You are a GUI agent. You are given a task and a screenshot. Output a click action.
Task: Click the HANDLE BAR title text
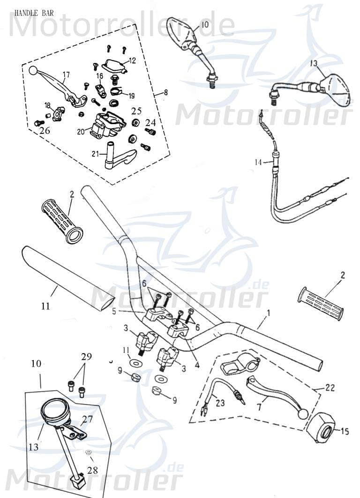point(33,13)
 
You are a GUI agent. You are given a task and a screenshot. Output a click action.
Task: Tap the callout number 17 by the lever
point(66,74)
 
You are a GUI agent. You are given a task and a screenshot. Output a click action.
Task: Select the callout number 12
point(132,60)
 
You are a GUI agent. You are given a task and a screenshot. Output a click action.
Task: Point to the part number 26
point(45,131)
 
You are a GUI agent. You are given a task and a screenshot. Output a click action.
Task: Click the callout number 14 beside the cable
point(258,162)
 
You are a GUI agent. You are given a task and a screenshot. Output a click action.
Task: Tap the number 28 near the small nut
point(93,469)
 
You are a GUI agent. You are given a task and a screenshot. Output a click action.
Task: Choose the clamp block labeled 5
point(155,316)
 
